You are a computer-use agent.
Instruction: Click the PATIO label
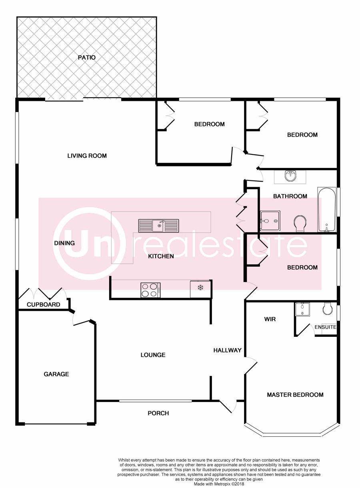coord(87,58)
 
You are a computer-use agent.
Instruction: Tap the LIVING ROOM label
coord(87,156)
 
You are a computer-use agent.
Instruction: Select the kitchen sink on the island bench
coord(159,226)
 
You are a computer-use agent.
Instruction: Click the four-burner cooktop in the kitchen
coord(150,290)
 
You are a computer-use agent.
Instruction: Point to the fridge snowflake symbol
coord(200,287)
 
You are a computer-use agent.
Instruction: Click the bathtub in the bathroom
coord(327,209)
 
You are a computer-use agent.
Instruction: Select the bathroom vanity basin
coord(290,176)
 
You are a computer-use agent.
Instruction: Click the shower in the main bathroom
coord(270,220)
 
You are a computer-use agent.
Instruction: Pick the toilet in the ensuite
coord(328,308)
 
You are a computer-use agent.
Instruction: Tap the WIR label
coord(270,319)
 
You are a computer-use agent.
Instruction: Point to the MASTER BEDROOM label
coord(295,395)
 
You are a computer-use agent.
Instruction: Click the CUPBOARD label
coord(43,304)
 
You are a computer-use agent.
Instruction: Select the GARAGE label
coord(56,374)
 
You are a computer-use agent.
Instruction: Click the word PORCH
coord(158,413)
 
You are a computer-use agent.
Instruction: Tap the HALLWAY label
coord(228,350)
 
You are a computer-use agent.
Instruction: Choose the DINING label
coord(64,243)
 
